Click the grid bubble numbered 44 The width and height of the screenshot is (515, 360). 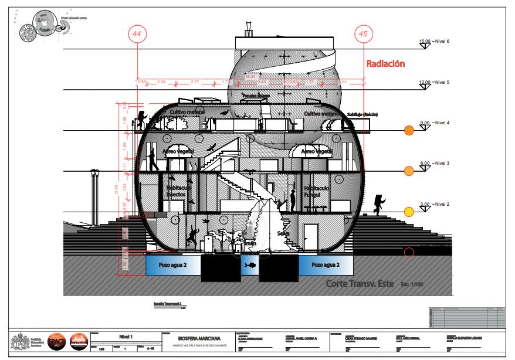pos(137,35)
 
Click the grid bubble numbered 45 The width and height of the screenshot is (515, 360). pos(364,35)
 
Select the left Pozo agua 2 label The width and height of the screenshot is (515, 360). pos(171,266)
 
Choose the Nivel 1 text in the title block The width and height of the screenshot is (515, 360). pos(127,336)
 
